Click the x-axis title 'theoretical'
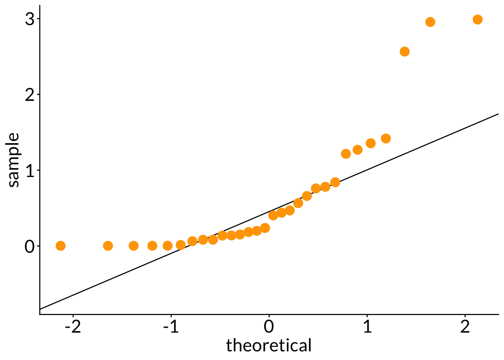point(269,345)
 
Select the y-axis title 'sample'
point(13,160)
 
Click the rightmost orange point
point(477,19)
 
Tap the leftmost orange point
point(60,246)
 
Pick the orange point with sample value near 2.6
point(404,51)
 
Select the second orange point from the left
point(108,246)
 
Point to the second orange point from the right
point(430,22)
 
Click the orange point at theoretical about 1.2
point(385,138)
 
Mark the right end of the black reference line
point(498,114)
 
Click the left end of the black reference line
point(40,309)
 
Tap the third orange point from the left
point(133,246)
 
